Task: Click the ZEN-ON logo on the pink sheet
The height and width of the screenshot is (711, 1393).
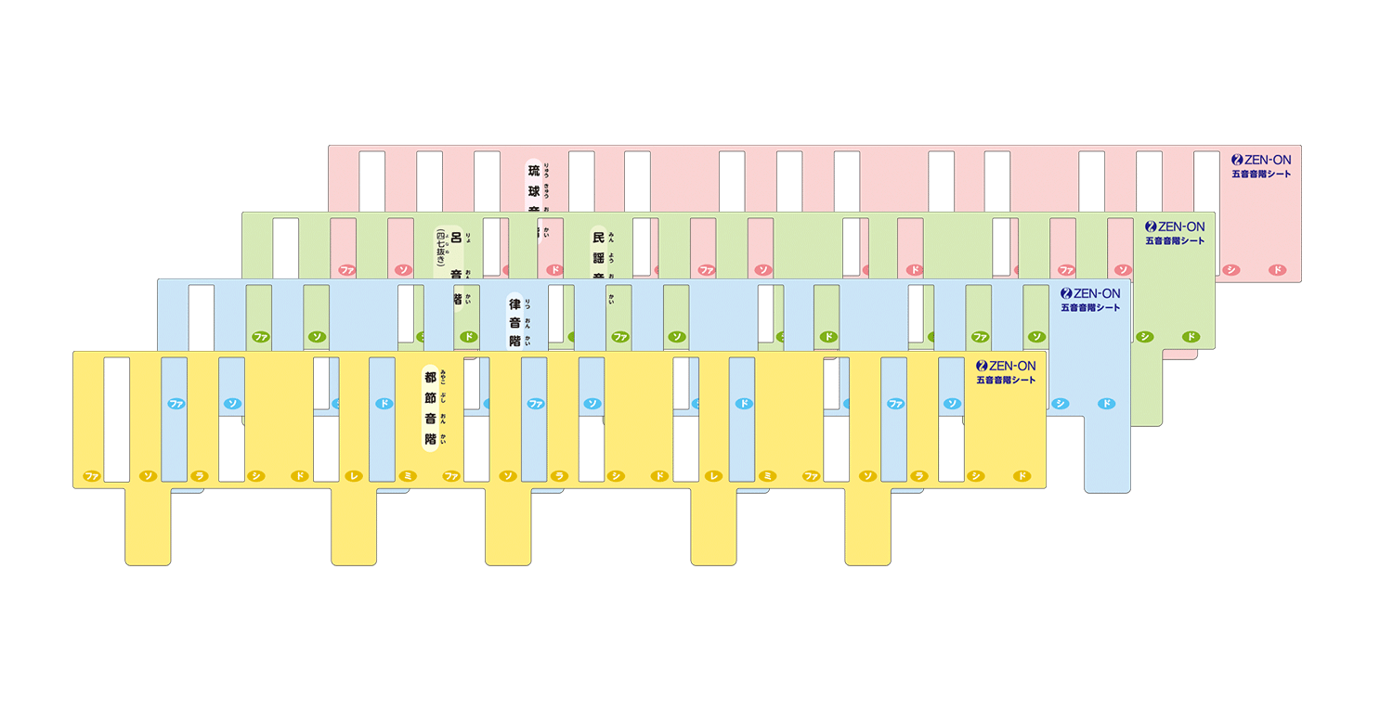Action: click(x=1260, y=160)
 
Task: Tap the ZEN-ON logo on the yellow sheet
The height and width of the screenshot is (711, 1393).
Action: click(x=1006, y=366)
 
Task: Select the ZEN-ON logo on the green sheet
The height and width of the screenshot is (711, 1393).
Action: click(x=1175, y=226)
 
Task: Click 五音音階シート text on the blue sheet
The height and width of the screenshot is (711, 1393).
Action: click(x=1090, y=307)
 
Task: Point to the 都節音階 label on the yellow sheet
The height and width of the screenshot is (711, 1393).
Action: click(x=430, y=408)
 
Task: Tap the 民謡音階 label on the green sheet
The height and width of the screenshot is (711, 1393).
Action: click(x=599, y=251)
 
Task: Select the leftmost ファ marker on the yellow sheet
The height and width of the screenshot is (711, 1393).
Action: click(x=91, y=476)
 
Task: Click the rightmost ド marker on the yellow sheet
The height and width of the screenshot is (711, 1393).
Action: click(x=1022, y=476)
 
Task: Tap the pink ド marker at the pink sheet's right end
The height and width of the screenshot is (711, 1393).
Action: click(x=1278, y=270)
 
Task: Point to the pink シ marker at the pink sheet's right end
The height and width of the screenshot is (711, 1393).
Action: click(x=1231, y=270)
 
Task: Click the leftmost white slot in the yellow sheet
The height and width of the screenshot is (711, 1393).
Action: click(x=116, y=419)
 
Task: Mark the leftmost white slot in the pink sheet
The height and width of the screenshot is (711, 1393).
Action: click(x=371, y=181)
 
